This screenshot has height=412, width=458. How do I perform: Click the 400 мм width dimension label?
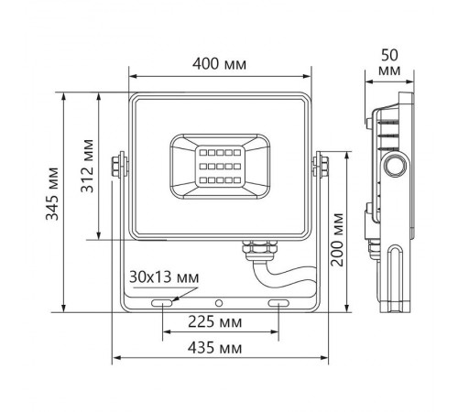pyautogui.click(x=221, y=65)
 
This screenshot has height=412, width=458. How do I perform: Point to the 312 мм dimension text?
pyautogui.click(x=86, y=163)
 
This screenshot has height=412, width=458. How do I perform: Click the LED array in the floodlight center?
pyautogui.click(x=218, y=165)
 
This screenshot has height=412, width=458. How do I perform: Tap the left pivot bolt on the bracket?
pyautogui.click(x=116, y=165)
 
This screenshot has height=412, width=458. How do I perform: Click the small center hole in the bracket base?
pyautogui.click(x=219, y=301)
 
